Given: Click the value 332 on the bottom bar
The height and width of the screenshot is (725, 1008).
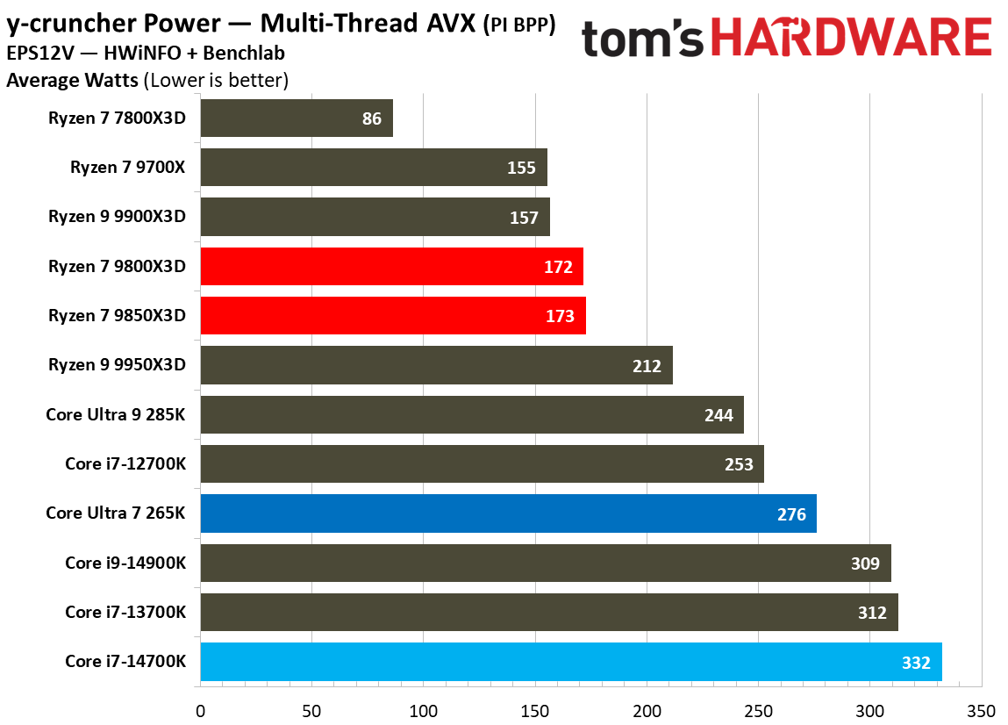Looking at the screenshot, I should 916,663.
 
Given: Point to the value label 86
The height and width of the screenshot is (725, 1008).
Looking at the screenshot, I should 372,118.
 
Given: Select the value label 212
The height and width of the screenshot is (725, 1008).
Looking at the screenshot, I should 647,366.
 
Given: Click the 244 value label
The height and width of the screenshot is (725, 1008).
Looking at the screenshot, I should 718,415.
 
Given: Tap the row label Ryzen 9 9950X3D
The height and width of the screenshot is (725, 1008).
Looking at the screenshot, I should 118,365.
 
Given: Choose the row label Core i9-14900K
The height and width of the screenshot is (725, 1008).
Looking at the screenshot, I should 125,563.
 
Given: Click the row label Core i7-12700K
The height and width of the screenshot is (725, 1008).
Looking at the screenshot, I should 125,463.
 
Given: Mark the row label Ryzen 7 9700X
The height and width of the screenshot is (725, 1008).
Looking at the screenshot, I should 128,167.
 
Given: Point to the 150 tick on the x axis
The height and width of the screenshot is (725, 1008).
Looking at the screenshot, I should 535,709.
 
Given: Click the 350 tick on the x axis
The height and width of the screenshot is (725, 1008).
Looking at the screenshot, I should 981,709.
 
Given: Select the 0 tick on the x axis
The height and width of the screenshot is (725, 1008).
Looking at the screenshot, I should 201,709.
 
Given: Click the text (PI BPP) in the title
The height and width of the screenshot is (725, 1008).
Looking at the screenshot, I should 519,26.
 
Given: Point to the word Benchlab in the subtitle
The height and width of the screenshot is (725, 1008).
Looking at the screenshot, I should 247,54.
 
